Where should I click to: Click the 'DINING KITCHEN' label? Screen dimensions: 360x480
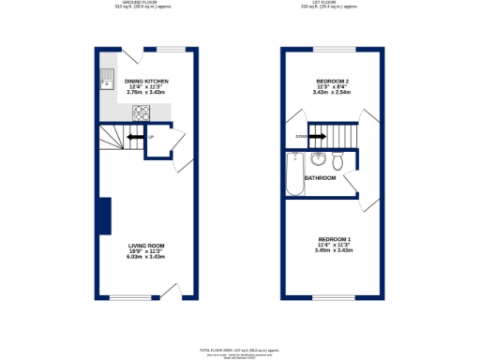click(x=145, y=82)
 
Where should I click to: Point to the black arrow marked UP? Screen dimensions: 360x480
click(x=136, y=140)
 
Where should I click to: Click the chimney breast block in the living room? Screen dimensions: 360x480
click(x=105, y=216)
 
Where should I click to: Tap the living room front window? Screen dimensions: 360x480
click(x=131, y=298)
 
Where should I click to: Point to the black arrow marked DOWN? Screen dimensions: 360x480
click(x=314, y=137)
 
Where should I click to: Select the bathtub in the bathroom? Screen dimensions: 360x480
click(x=294, y=175)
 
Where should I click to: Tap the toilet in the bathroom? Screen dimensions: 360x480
click(x=338, y=162)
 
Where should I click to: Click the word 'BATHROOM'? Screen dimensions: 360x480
click(x=320, y=177)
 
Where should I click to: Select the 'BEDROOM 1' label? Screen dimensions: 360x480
click(x=333, y=239)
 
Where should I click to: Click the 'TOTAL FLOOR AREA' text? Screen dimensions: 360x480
click(x=239, y=349)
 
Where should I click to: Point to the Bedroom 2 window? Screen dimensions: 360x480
click(x=332, y=49)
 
